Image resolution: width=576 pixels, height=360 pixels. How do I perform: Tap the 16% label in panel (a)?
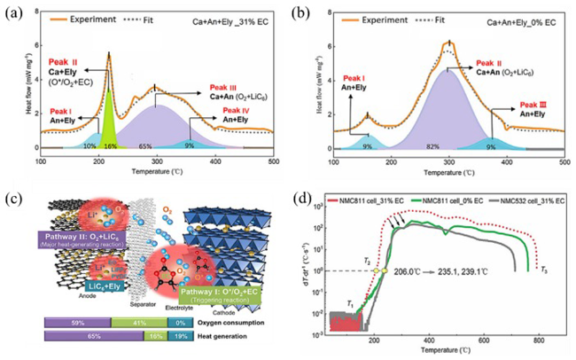point(111,145)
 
